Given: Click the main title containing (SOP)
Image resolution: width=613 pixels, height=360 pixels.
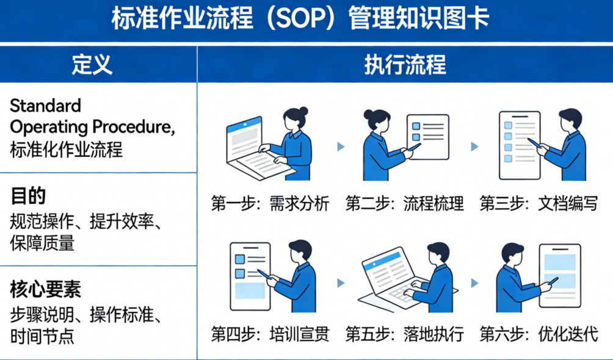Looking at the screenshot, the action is click(x=300, y=18).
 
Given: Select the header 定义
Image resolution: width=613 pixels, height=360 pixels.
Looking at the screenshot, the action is click(x=92, y=65).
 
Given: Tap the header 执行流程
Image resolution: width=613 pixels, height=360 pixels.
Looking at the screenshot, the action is click(x=405, y=65).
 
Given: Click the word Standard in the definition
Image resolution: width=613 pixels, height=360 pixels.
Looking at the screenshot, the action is click(x=45, y=106).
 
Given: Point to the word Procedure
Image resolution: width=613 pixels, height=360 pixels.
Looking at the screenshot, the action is click(x=133, y=128).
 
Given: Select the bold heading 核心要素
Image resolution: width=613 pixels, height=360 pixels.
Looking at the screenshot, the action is click(x=46, y=290).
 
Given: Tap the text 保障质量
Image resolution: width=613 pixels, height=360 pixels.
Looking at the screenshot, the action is click(x=42, y=243).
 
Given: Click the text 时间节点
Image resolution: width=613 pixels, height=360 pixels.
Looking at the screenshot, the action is click(x=42, y=337).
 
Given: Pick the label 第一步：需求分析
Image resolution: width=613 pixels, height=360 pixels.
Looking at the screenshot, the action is click(x=270, y=204).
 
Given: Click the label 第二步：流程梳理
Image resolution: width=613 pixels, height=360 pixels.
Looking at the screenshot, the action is click(x=405, y=204).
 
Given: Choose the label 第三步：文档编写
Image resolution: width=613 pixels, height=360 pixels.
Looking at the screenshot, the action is click(x=539, y=204).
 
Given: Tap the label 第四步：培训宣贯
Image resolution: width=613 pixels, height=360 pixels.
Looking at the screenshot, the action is click(x=270, y=334).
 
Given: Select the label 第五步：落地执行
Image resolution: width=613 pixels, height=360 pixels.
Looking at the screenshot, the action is click(x=405, y=334).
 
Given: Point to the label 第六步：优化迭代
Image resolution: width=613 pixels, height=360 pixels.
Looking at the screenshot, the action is click(x=539, y=334).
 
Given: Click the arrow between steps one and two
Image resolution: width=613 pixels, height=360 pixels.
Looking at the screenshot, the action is click(x=341, y=146).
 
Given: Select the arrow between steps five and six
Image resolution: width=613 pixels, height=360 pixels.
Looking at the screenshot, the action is click(x=474, y=283).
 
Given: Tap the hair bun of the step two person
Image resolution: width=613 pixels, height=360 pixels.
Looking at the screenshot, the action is click(x=369, y=114).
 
